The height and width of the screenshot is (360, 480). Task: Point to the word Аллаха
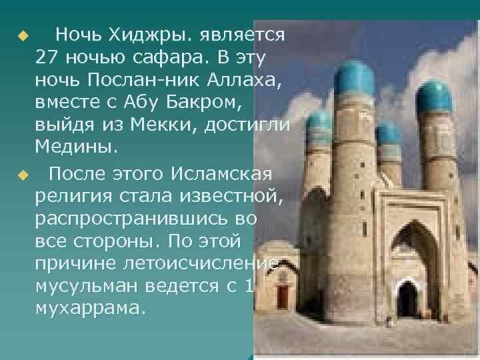point(244,80)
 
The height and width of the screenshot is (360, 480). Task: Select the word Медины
point(76,147)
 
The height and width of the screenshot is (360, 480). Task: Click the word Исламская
point(221,174)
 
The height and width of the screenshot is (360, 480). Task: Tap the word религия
point(73,197)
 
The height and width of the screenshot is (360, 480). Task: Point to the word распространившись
point(131,219)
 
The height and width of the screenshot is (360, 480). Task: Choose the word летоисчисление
point(200,263)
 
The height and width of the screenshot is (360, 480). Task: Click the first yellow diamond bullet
point(23,36)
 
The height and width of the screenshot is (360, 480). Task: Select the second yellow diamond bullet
point(23,175)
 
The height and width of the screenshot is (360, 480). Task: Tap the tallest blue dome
point(354,79)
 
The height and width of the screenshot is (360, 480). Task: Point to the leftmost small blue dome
point(319,123)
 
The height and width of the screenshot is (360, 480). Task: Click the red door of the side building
point(283,297)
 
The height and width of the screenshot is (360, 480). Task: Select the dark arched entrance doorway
point(407,299)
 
